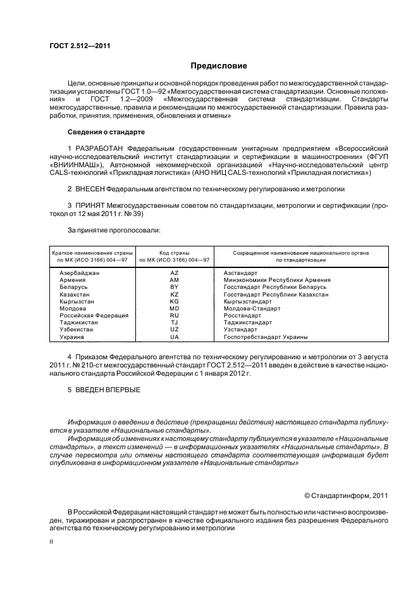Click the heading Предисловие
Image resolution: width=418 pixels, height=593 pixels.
[x=219, y=66]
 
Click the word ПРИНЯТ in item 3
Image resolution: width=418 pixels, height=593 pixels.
[x=89, y=205]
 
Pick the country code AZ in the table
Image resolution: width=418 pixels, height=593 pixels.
[x=175, y=273]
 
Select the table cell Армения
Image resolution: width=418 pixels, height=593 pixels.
[x=73, y=280]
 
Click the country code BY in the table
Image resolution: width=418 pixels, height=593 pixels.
[x=175, y=287]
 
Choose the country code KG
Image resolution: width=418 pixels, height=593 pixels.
[x=175, y=302]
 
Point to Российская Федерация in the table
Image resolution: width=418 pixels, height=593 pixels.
[x=94, y=316]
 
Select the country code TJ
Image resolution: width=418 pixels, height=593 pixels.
[x=175, y=322]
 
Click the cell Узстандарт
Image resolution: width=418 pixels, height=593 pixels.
[x=240, y=330]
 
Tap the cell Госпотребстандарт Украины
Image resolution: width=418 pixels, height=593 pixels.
[x=266, y=337]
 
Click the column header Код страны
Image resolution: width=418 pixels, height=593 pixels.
[x=175, y=253]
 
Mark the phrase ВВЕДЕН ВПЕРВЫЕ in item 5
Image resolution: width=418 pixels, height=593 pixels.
[x=104, y=390]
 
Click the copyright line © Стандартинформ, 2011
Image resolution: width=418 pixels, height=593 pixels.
[x=345, y=496]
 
